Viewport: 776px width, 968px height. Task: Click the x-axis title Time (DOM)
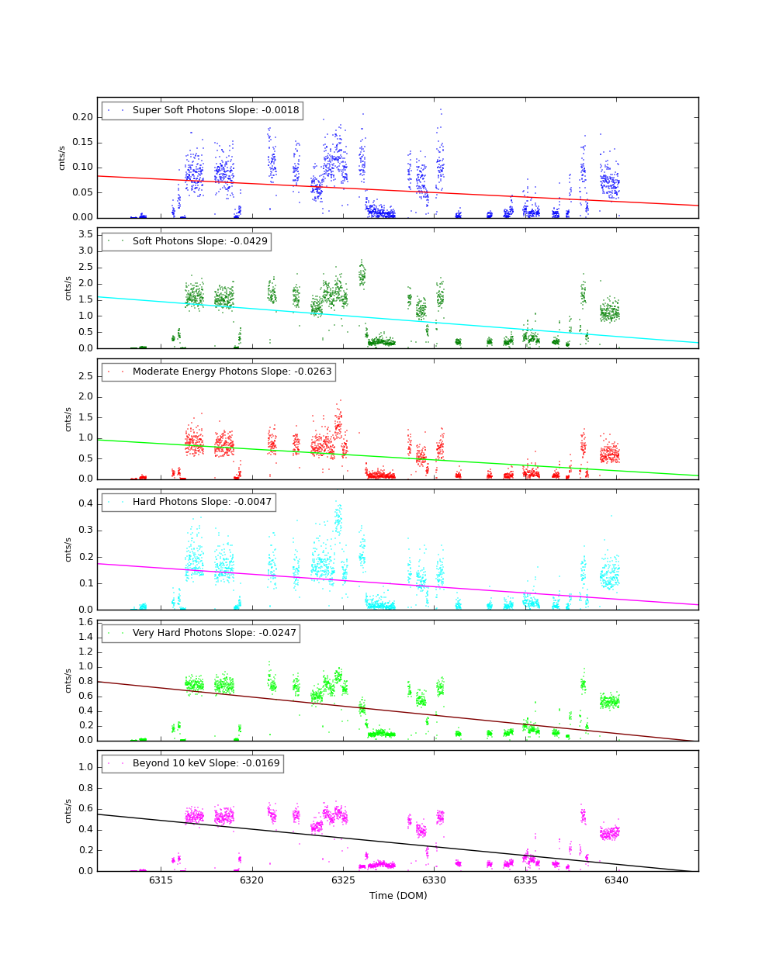[x=398, y=896]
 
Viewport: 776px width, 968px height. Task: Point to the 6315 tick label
[x=161, y=880]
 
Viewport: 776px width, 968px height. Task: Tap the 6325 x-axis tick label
[x=343, y=880]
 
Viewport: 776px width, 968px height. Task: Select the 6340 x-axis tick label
[x=617, y=880]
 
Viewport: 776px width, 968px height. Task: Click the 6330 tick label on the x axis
[x=435, y=880]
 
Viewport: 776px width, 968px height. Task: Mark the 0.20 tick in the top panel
[x=82, y=117]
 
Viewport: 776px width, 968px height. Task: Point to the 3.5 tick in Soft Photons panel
[x=85, y=234]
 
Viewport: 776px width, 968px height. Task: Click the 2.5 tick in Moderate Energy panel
[x=85, y=376]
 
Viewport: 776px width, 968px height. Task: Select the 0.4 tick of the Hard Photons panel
[x=85, y=503]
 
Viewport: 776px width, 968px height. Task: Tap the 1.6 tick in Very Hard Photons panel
[x=85, y=622]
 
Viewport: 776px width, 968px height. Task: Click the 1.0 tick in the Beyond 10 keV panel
[x=85, y=767]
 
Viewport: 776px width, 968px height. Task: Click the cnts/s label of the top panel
[x=62, y=157]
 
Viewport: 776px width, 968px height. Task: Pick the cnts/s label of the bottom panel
[x=68, y=811]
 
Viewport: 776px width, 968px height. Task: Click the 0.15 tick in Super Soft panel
[x=82, y=142]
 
